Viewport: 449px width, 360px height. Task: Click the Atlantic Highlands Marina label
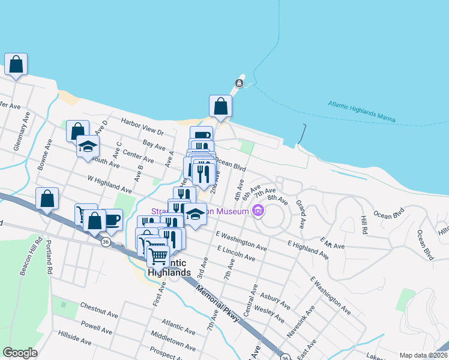361,112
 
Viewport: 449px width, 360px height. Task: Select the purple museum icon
259,211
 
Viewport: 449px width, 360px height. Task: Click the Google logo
20,353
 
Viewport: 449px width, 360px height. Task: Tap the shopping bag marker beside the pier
220,106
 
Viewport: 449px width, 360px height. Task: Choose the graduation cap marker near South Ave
88,146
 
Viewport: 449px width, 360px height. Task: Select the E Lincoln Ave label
237,253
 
